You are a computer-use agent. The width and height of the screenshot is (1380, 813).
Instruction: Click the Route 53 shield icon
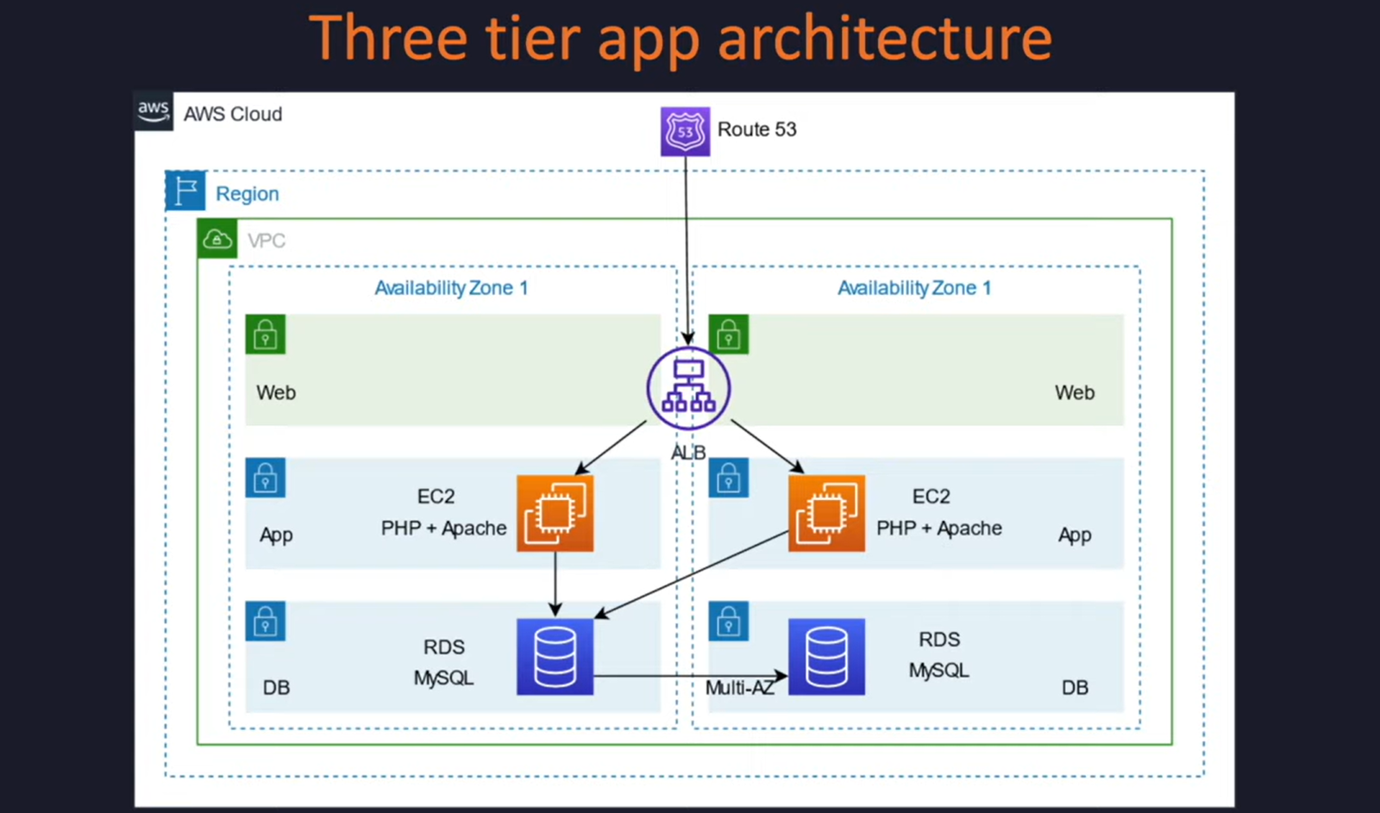(685, 131)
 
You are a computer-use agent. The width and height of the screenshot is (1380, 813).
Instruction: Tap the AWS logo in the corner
(154, 111)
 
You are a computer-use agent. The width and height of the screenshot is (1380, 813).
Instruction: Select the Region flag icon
(185, 191)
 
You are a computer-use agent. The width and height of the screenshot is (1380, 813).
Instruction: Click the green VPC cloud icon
(216, 239)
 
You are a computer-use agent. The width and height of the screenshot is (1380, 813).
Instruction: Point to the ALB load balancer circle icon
(688, 389)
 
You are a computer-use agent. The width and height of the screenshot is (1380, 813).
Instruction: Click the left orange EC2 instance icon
(555, 513)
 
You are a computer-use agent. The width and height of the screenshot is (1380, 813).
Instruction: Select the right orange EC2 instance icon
(826, 513)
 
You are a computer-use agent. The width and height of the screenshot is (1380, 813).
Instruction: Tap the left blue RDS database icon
(555, 656)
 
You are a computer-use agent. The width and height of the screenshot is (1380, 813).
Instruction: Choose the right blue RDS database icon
(826, 656)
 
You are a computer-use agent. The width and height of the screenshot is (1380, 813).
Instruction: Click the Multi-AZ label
(739, 687)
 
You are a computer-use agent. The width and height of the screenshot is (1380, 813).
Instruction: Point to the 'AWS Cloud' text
(233, 114)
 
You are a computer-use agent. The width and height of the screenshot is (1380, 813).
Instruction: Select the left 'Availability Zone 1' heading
(451, 288)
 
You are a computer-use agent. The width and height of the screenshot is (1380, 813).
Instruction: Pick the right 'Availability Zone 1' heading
(914, 288)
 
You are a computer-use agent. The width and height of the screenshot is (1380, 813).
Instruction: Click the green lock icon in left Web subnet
(265, 335)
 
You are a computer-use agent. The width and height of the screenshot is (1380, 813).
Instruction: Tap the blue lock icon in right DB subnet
(728, 622)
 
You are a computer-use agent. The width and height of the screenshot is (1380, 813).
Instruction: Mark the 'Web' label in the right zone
(1074, 392)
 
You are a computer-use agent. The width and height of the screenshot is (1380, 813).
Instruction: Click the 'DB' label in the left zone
(276, 687)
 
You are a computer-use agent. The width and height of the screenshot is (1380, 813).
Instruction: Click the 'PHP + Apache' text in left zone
(443, 528)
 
